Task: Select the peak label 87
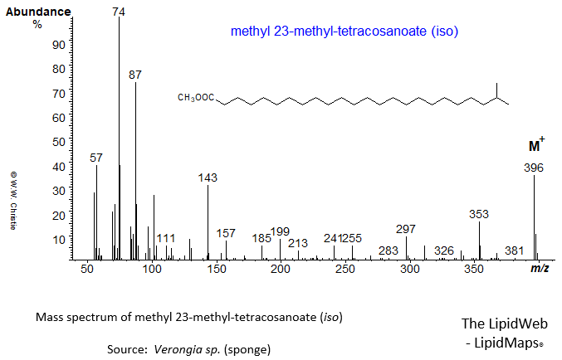pos(135,75)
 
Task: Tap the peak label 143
pos(208,178)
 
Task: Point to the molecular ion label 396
pos(534,168)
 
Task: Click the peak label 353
pos(479,213)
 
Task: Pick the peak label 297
pos(406,229)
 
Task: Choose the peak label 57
pos(96,158)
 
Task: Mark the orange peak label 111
pos(166,238)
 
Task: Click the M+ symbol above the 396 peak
pos(536,146)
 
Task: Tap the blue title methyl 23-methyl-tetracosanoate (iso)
pos(345,32)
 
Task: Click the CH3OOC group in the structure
pos(195,99)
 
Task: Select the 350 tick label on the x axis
pos(475,270)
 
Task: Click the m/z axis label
pos(539,270)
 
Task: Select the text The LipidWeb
pos(505,324)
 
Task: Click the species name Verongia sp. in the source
pos(187,349)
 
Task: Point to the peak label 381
pos(515,251)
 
